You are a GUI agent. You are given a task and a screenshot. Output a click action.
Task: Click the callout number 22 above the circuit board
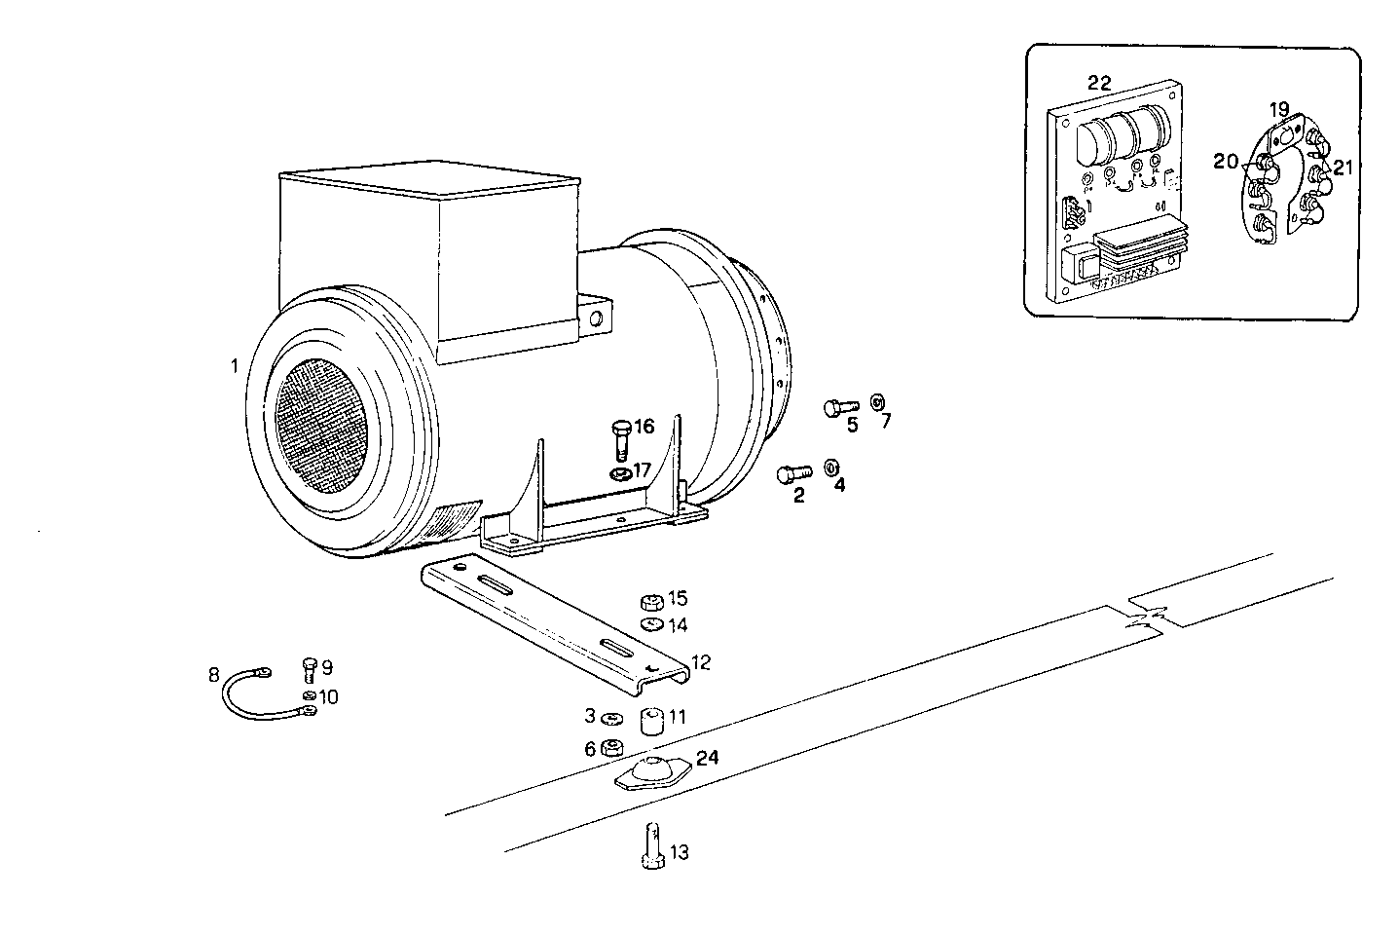tap(1099, 83)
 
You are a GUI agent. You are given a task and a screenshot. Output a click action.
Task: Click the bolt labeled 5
tap(839, 408)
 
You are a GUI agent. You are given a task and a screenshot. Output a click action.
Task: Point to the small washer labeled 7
tap(876, 401)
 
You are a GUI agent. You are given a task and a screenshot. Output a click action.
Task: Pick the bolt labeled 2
tap(792, 474)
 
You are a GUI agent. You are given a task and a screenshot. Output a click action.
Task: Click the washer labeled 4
tap(832, 467)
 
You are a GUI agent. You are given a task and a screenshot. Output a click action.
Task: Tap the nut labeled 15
tap(651, 600)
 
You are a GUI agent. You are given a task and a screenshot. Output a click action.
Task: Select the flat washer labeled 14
tap(651, 624)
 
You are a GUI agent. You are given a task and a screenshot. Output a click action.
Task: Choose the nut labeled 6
tap(612, 748)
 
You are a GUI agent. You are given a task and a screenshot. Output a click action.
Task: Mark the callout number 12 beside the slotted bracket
tap(701, 663)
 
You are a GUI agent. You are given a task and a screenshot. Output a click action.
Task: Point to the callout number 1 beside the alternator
tap(234, 367)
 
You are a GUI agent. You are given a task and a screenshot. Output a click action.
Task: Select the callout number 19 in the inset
tap(1278, 108)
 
